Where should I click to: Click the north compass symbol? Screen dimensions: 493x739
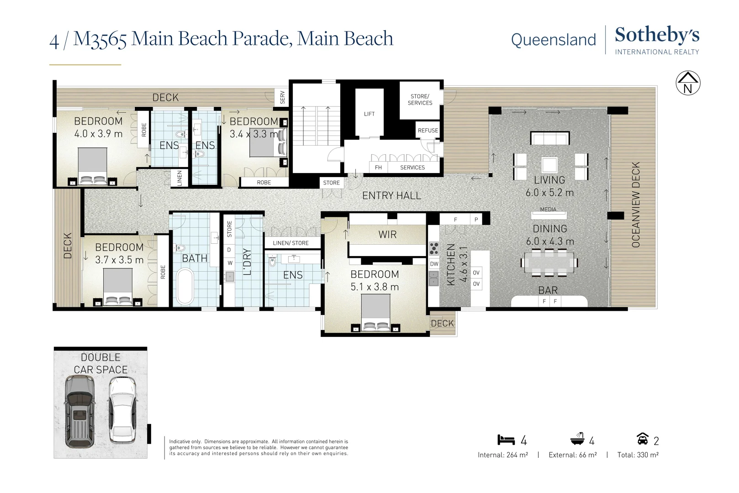click(x=688, y=83)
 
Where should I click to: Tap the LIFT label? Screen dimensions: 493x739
click(x=369, y=114)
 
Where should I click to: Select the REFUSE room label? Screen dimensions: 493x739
click(x=428, y=131)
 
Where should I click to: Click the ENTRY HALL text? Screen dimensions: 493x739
click(x=391, y=196)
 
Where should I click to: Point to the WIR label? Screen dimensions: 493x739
click(x=387, y=235)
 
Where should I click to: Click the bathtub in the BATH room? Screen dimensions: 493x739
click(x=185, y=287)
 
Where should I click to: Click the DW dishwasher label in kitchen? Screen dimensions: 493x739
click(x=434, y=264)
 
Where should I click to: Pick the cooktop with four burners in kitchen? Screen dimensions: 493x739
click(x=434, y=249)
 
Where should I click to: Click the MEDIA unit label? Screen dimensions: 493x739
click(x=548, y=210)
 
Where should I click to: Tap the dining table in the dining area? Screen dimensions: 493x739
click(x=549, y=263)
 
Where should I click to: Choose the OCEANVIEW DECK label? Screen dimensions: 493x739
click(x=635, y=205)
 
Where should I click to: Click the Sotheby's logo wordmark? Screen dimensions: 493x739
click(x=656, y=35)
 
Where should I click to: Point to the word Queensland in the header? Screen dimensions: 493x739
click(x=553, y=40)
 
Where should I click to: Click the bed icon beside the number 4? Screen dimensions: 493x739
click(x=506, y=440)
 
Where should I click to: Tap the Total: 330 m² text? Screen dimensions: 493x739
click(x=638, y=455)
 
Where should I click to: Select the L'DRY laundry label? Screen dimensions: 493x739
click(x=247, y=262)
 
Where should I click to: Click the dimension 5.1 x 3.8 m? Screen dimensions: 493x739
click(x=375, y=287)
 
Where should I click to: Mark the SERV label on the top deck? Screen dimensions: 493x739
click(x=282, y=97)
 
